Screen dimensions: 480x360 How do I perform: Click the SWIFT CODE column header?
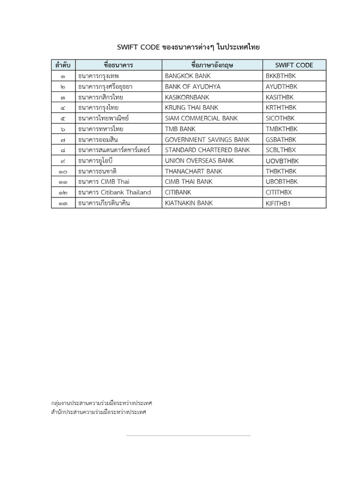click(x=294, y=65)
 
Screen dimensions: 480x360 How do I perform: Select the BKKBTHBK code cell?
click(x=281, y=76)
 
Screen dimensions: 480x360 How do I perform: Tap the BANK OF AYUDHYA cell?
click(x=192, y=87)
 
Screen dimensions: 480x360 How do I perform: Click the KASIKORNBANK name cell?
click(x=187, y=97)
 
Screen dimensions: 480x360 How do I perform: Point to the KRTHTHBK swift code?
click(x=281, y=108)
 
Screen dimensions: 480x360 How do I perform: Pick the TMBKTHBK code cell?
click(x=281, y=129)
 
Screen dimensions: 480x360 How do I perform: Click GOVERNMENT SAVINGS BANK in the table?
click(x=207, y=140)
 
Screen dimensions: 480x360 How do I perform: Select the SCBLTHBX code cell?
click(x=281, y=150)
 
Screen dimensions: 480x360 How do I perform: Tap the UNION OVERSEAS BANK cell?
click(x=199, y=161)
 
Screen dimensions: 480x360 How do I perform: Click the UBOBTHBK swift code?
click(x=281, y=182)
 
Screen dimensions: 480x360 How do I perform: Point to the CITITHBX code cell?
click(x=278, y=193)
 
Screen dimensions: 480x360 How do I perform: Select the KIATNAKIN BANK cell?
click(x=189, y=203)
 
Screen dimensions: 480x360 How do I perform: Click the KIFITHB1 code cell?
click(x=278, y=203)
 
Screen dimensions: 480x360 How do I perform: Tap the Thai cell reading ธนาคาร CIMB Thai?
click(x=105, y=182)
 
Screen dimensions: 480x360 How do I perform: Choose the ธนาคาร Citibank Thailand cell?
click(x=114, y=193)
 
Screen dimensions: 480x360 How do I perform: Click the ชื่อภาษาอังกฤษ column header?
click(x=212, y=65)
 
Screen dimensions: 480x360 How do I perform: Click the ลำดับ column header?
click(x=63, y=65)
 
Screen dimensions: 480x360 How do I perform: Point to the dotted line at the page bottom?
click(x=188, y=435)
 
